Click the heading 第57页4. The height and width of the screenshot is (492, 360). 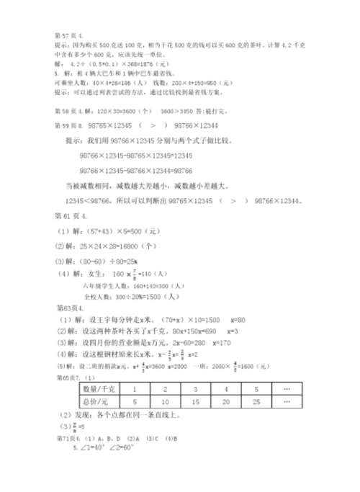point(69,33)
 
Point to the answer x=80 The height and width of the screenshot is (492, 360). point(243,318)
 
